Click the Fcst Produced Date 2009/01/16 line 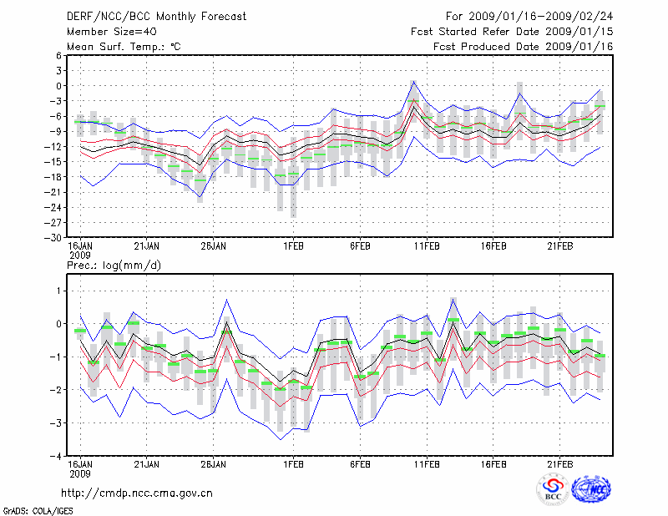click(x=523, y=47)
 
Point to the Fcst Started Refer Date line click(x=512, y=32)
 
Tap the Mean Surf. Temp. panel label click(x=124, y=47)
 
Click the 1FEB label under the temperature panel click(x=292, y=247)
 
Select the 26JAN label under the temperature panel click(x=214, y=247)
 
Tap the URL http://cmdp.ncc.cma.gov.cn click(x=138, y=493)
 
